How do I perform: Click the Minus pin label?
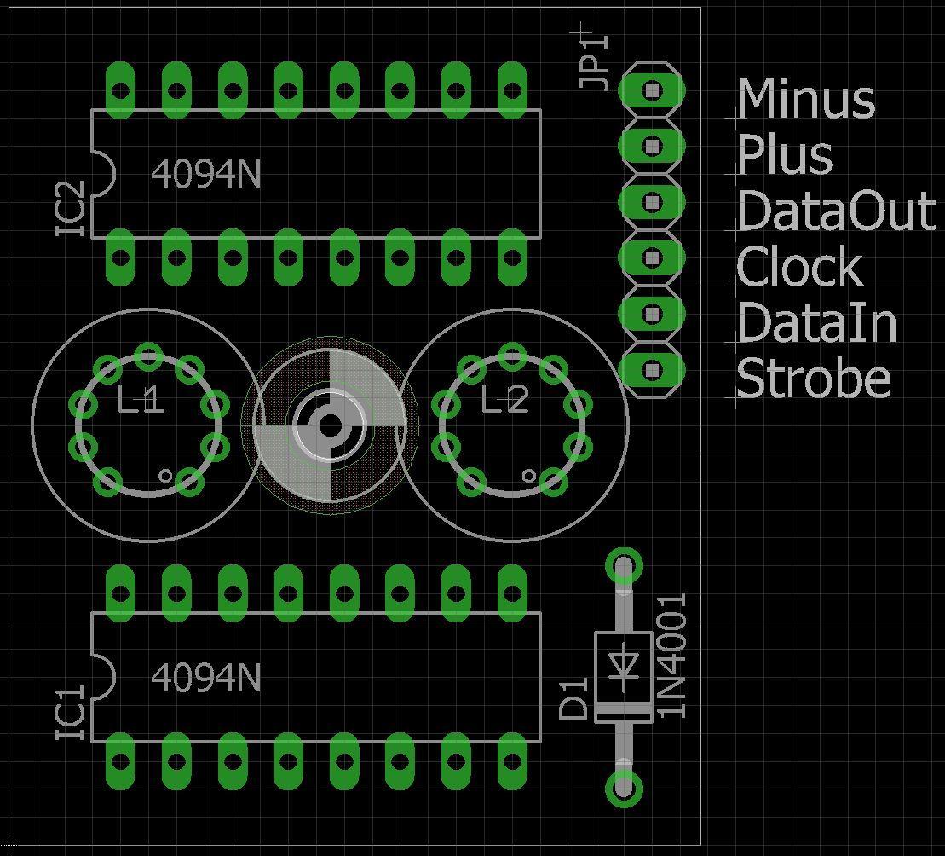point(805,99)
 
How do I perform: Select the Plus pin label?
point(784,155)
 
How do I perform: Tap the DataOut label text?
point(836,211)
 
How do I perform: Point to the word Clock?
point(799,267)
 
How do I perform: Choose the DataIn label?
point(816,323)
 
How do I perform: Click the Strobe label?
point(813,379)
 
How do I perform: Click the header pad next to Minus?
point(652,90)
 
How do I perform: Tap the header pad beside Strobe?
point(652,370)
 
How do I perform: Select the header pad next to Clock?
point(652,257)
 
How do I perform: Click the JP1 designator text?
point(596,61)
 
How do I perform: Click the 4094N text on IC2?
point(205,174)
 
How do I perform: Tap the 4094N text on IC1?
point(205,678)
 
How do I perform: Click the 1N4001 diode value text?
point(672,656)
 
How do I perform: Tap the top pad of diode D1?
point(625,566)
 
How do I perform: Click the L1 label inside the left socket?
point(141,400)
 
